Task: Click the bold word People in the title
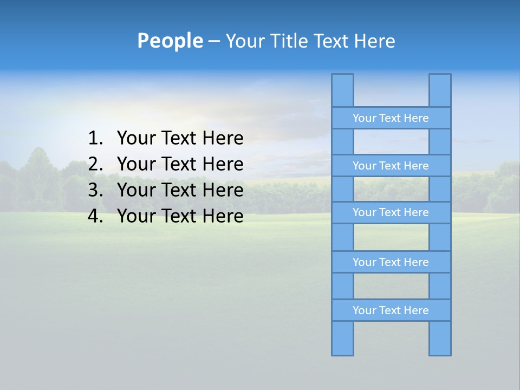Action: pos(170,41)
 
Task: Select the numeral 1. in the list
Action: pos(95,139)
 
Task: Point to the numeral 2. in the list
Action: pos(95,164)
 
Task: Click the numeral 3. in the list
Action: pos(95,190)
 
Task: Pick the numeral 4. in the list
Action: pos(95,216)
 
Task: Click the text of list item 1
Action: pos(180,139)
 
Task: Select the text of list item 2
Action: pos(180,164)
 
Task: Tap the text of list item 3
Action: pos(180,190)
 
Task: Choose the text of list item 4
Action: pos(180,216)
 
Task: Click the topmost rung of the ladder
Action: pos(391,118)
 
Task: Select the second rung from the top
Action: pos(391,166)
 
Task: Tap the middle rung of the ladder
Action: pos(391,213)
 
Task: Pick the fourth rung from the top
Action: pos(391,262)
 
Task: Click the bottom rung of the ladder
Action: pos(391,310)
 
